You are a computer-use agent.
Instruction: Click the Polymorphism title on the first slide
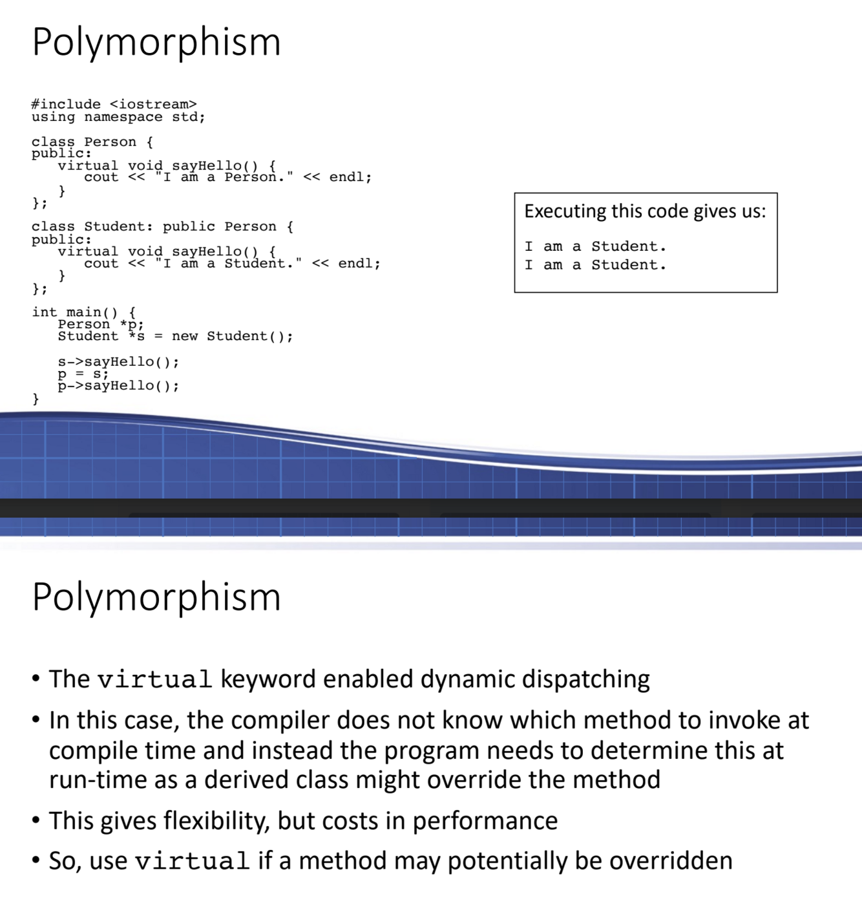156,43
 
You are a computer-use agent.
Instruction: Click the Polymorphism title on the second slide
156,597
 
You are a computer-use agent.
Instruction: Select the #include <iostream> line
114,104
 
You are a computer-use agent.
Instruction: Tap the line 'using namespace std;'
118,117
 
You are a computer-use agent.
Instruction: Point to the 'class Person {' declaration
92,142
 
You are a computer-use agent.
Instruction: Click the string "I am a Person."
224,177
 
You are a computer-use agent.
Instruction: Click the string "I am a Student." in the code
228,263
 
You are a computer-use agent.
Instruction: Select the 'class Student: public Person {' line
162,226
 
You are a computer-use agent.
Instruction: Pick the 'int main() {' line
83,312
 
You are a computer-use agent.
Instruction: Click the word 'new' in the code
185,336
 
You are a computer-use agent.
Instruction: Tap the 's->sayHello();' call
118,361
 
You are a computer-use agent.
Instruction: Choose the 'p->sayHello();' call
118,386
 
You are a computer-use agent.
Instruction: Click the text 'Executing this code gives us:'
645,211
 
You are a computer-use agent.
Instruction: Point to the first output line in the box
595,246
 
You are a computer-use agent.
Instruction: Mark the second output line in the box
595,265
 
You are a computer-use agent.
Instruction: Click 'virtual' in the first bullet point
154,680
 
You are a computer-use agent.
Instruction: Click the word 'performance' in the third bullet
485,821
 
